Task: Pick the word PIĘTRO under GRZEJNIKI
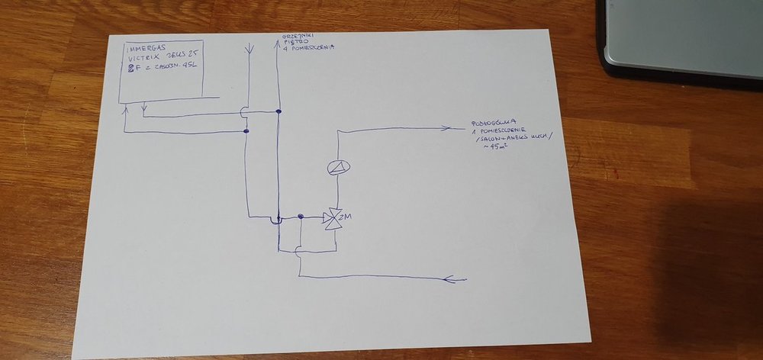(x=294, y=43)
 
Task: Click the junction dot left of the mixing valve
(x=301, y=217)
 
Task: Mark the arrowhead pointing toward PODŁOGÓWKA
(x=456, y=127)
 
